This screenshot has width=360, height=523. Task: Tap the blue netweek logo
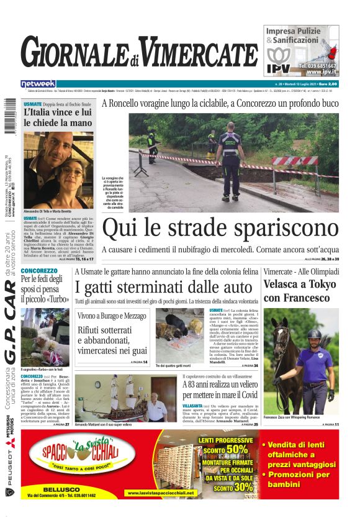(x=38, y=84)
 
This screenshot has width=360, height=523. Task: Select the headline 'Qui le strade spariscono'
(x=220, y=229)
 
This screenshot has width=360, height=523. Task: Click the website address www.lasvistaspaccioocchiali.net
(x=161, y=493)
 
